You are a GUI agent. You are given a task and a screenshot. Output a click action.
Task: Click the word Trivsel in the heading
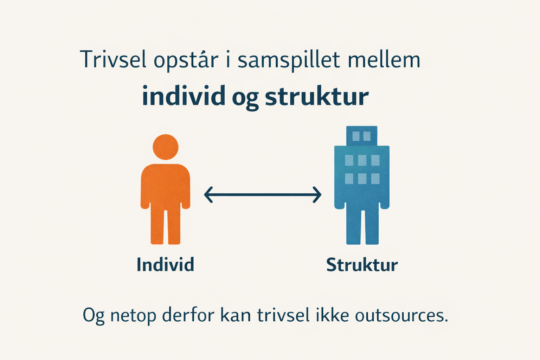coord(113,59)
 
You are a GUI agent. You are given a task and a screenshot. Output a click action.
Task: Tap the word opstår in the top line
coord(186,60)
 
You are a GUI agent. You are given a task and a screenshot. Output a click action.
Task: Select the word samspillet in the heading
coord(289,60)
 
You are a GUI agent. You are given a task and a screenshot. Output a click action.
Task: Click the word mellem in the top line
coord(384,59)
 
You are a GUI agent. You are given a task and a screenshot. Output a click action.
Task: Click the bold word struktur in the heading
coord(317,96)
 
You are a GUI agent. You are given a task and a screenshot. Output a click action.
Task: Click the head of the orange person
coord(165,147)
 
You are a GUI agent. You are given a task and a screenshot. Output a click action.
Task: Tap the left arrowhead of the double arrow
coord(208,194)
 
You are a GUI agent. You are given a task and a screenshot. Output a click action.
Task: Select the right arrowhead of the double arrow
coord(317,194)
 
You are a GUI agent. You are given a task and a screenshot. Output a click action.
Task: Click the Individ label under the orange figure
coord(165,264)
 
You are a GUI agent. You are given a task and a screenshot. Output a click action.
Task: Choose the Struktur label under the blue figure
coord(362,265)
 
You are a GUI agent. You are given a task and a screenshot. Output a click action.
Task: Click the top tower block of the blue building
coord(362,136)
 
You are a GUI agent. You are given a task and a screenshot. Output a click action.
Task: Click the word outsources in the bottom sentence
coord(401,315)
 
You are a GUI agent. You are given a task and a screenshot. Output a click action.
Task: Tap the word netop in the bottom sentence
coord(133,316)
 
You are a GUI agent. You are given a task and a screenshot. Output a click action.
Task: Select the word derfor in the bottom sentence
coord(188,314)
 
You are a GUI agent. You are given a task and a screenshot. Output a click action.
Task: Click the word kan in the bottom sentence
coord(236,314)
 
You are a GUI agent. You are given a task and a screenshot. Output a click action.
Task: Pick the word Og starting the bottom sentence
coord(94,316)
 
